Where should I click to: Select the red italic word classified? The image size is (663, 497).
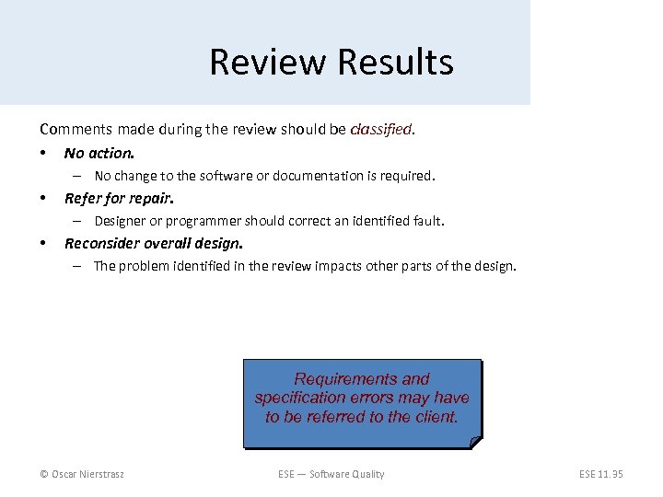tap(381, 130)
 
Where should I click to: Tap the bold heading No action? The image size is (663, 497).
tap(99, 153)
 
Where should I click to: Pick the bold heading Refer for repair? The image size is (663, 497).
tap(119, 198)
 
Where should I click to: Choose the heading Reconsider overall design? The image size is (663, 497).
tap(154, 243)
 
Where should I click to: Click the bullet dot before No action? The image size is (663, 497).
tap(43, 153)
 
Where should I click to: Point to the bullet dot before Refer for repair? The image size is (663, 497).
tap(43, 198)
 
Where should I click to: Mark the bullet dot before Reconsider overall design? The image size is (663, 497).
tap(43, 243)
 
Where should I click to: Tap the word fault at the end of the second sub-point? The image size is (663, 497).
tap(427, 221)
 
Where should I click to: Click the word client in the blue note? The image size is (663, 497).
tap(436, 417)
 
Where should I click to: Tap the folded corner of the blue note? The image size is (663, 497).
tap(475, 442)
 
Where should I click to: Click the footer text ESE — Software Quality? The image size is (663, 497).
tap(331, 474)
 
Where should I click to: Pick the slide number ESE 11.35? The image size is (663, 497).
tap(600, 474)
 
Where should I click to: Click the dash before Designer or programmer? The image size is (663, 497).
tap(80, 221)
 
